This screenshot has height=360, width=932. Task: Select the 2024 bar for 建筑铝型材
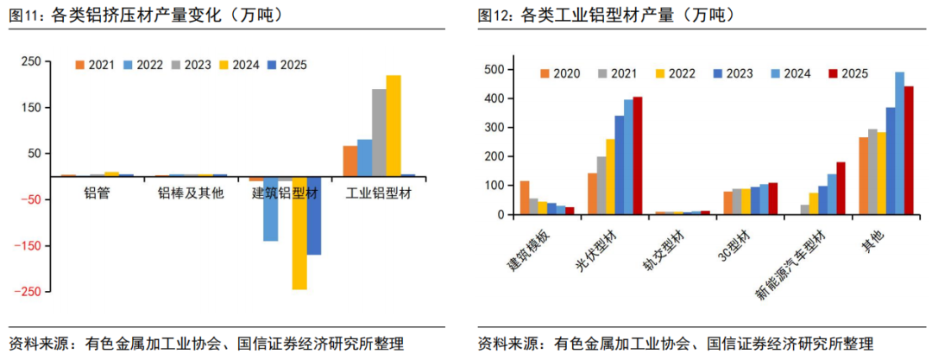tap(299, 232)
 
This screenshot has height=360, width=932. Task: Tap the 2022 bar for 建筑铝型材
tap(271, 208)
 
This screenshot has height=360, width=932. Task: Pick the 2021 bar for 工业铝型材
tap(349, 161)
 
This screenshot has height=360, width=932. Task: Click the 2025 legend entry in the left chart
tap(287, 65)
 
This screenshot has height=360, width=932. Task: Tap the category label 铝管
tap(97, 193)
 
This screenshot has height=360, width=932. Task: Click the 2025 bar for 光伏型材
tap(638, 155)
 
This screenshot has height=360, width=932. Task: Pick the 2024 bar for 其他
tap(899, 142)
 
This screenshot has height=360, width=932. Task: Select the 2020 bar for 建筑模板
tap(524, 198)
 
